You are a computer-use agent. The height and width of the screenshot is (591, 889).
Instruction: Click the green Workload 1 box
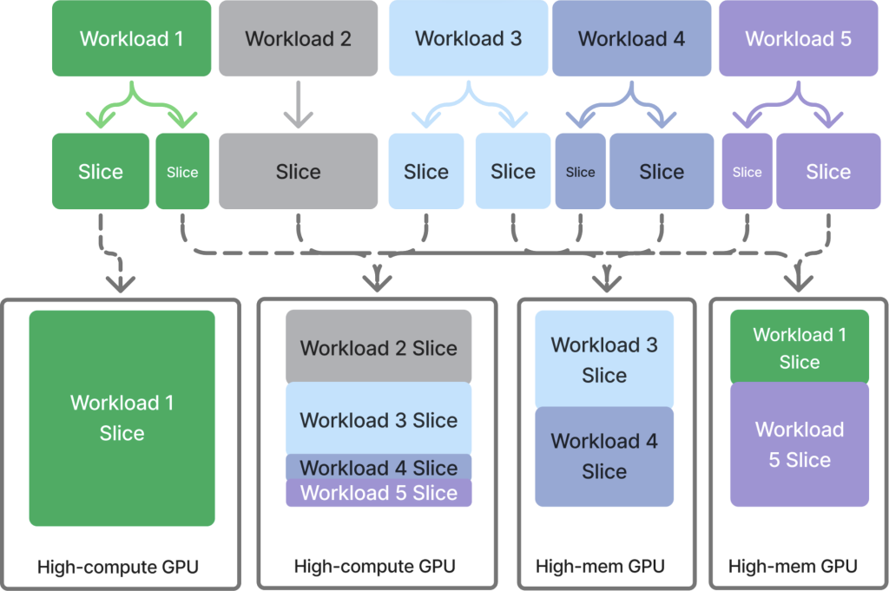[x=131, y=39]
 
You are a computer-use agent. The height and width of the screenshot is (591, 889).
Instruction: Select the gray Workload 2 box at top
[x=298, y=39]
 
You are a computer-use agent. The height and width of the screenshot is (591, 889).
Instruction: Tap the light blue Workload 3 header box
[x=468, y=39]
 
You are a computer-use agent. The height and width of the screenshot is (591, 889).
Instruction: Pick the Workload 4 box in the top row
[x=631, y=39]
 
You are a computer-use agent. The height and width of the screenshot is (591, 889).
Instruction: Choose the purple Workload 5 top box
[x=798, y=39]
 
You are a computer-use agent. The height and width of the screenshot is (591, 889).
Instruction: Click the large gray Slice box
[x=298, y=172]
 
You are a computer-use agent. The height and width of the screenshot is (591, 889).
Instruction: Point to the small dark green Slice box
[x=182, y=172]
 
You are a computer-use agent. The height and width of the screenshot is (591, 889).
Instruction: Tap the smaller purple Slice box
[x=747, y=172]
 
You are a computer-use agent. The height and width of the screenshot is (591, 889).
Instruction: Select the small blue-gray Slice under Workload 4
[x=580, y=172]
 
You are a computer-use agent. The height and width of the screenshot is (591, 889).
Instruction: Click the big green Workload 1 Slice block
[x=122, y=417]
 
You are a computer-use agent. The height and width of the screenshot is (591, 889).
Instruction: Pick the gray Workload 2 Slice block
[x=379, y=348]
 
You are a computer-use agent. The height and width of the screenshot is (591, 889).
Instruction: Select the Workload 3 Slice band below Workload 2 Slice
[x=379, y=420]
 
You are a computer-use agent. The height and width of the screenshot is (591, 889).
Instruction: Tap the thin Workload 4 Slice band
[x=379, y=467]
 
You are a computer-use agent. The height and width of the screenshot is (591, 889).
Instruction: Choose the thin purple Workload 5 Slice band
[x=379, y=494]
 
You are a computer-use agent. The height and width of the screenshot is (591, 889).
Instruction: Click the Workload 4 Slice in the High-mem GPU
[x=604, y=456]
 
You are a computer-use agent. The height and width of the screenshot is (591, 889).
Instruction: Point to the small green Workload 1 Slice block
[x=799, y=347]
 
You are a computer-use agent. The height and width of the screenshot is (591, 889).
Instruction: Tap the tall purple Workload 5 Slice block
[x=799, y=444]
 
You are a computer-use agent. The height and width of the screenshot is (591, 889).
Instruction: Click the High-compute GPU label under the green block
[x=118, y=568]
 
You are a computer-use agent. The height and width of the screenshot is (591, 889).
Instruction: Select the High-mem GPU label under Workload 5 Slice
[x=793, y=568]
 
